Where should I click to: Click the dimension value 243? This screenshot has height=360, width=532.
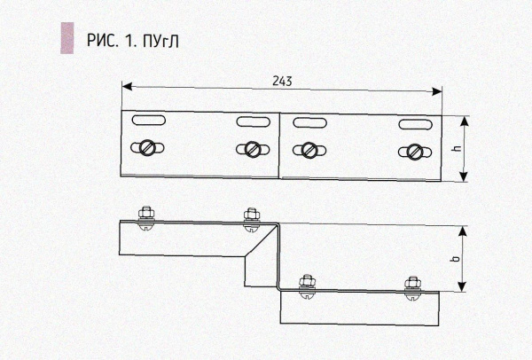coord(281,79)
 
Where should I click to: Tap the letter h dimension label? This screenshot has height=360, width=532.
coord(456,149)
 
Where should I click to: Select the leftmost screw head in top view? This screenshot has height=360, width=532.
coord(145,148)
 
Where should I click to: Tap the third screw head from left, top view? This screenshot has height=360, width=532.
coord(308,150)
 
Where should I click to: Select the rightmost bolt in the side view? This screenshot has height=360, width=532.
coord(411,286)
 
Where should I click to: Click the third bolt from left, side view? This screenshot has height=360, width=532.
coord(307,285)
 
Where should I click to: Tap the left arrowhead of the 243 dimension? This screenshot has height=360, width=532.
coord(126,87)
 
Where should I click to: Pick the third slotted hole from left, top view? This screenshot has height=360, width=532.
coord(309,122)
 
